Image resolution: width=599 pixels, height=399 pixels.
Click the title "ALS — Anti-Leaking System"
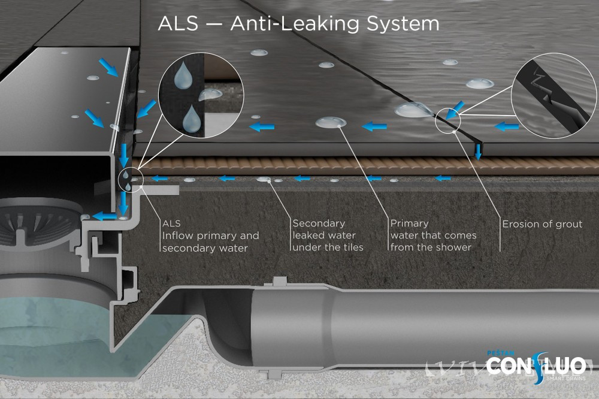[x=298, y=24]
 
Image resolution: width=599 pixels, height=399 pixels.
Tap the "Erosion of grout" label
[x=542, y=224]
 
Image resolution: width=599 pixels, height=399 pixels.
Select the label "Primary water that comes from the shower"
[x=433, y=235]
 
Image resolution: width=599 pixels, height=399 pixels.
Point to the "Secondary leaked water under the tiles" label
[x=328, y=235]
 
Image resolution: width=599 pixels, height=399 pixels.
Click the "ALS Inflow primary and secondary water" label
[x=210, y=235]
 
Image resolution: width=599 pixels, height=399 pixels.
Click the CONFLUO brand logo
[x=536, y=365]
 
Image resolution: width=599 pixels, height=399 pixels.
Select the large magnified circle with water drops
[x=201, y=95]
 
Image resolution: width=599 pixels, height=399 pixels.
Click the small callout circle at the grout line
[x=449, y=120]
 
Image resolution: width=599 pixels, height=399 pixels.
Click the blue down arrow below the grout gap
[x=478, y=152]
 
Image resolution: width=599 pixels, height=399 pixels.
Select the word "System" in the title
[x=403, y=24]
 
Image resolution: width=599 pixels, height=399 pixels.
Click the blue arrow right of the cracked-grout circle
[x=507, y=126]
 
